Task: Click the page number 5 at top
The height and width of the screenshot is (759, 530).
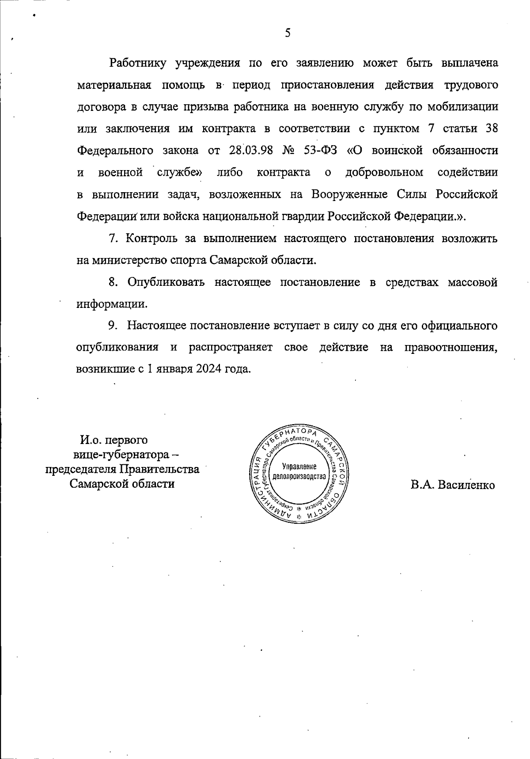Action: click(288, 33)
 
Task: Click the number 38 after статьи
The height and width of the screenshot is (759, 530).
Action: click(491, 129)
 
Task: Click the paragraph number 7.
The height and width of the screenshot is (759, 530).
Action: click(112, 239)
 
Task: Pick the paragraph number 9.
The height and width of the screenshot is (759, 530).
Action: click(112, 326)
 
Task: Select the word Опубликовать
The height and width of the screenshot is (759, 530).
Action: click(166, 282)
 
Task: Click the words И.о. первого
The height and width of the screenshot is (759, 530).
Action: click(114, 440)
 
